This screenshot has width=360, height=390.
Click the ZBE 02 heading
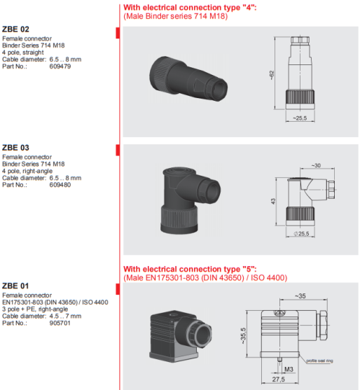coord(15,29)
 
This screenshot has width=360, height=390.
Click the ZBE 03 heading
coord(15,148)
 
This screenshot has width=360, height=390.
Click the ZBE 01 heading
coord(15,286)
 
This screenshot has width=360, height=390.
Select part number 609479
coord(60,67)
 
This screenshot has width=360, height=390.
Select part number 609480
coord(60,185)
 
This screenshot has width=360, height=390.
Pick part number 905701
coord(60,323)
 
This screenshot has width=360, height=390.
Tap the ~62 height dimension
coord(272,75)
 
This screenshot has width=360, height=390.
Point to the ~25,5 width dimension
coord(300,118)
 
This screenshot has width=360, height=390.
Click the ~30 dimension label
coord(316,165)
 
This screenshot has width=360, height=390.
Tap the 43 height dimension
coord(273,201)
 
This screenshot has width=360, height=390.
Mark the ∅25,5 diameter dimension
coord(301,234)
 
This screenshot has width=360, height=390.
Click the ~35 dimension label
coord(300,296)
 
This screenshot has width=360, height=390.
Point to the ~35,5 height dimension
coord(243,336)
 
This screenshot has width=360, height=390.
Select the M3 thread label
coord(289,370)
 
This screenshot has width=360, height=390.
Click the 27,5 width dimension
coord(278,379)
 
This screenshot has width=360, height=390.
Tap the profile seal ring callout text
coord(319,361)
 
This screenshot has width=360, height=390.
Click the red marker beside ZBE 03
coord(118,151)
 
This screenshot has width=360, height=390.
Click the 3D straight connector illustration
coord(188,78)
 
